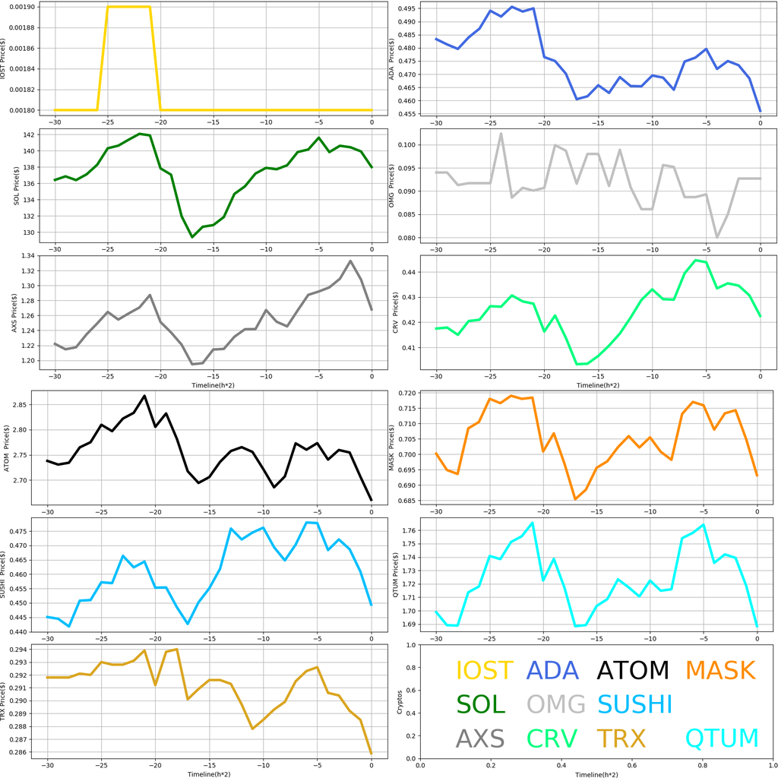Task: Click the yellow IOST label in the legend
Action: [x=484, y=671]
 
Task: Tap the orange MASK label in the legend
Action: [x=720, y=671]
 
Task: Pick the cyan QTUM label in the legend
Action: [x=722, y=738]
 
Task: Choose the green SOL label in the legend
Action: [x=480, y=704]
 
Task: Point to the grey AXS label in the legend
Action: [x=480, y=738]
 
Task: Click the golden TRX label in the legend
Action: [x=621, y=738]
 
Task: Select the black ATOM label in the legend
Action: [x=633, y=671]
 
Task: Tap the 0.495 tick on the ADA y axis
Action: [x=407, y=9]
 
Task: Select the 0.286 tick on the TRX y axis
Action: [x=20, y=753]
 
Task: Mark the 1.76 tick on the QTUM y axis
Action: [x=407, y=530]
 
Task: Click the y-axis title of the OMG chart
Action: [x=391, y=188]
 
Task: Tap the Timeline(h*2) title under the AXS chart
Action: [x=213, y=385]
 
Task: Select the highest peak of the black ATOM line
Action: [x=144, y=396]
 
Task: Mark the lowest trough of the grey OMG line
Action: [x=716, y=237]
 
